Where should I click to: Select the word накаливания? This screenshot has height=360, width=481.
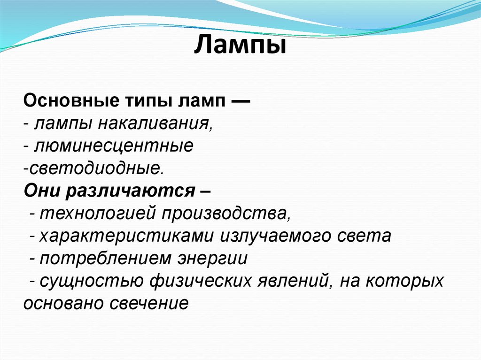pos(156,124)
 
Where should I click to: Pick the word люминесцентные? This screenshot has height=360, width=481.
pos(113,146)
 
